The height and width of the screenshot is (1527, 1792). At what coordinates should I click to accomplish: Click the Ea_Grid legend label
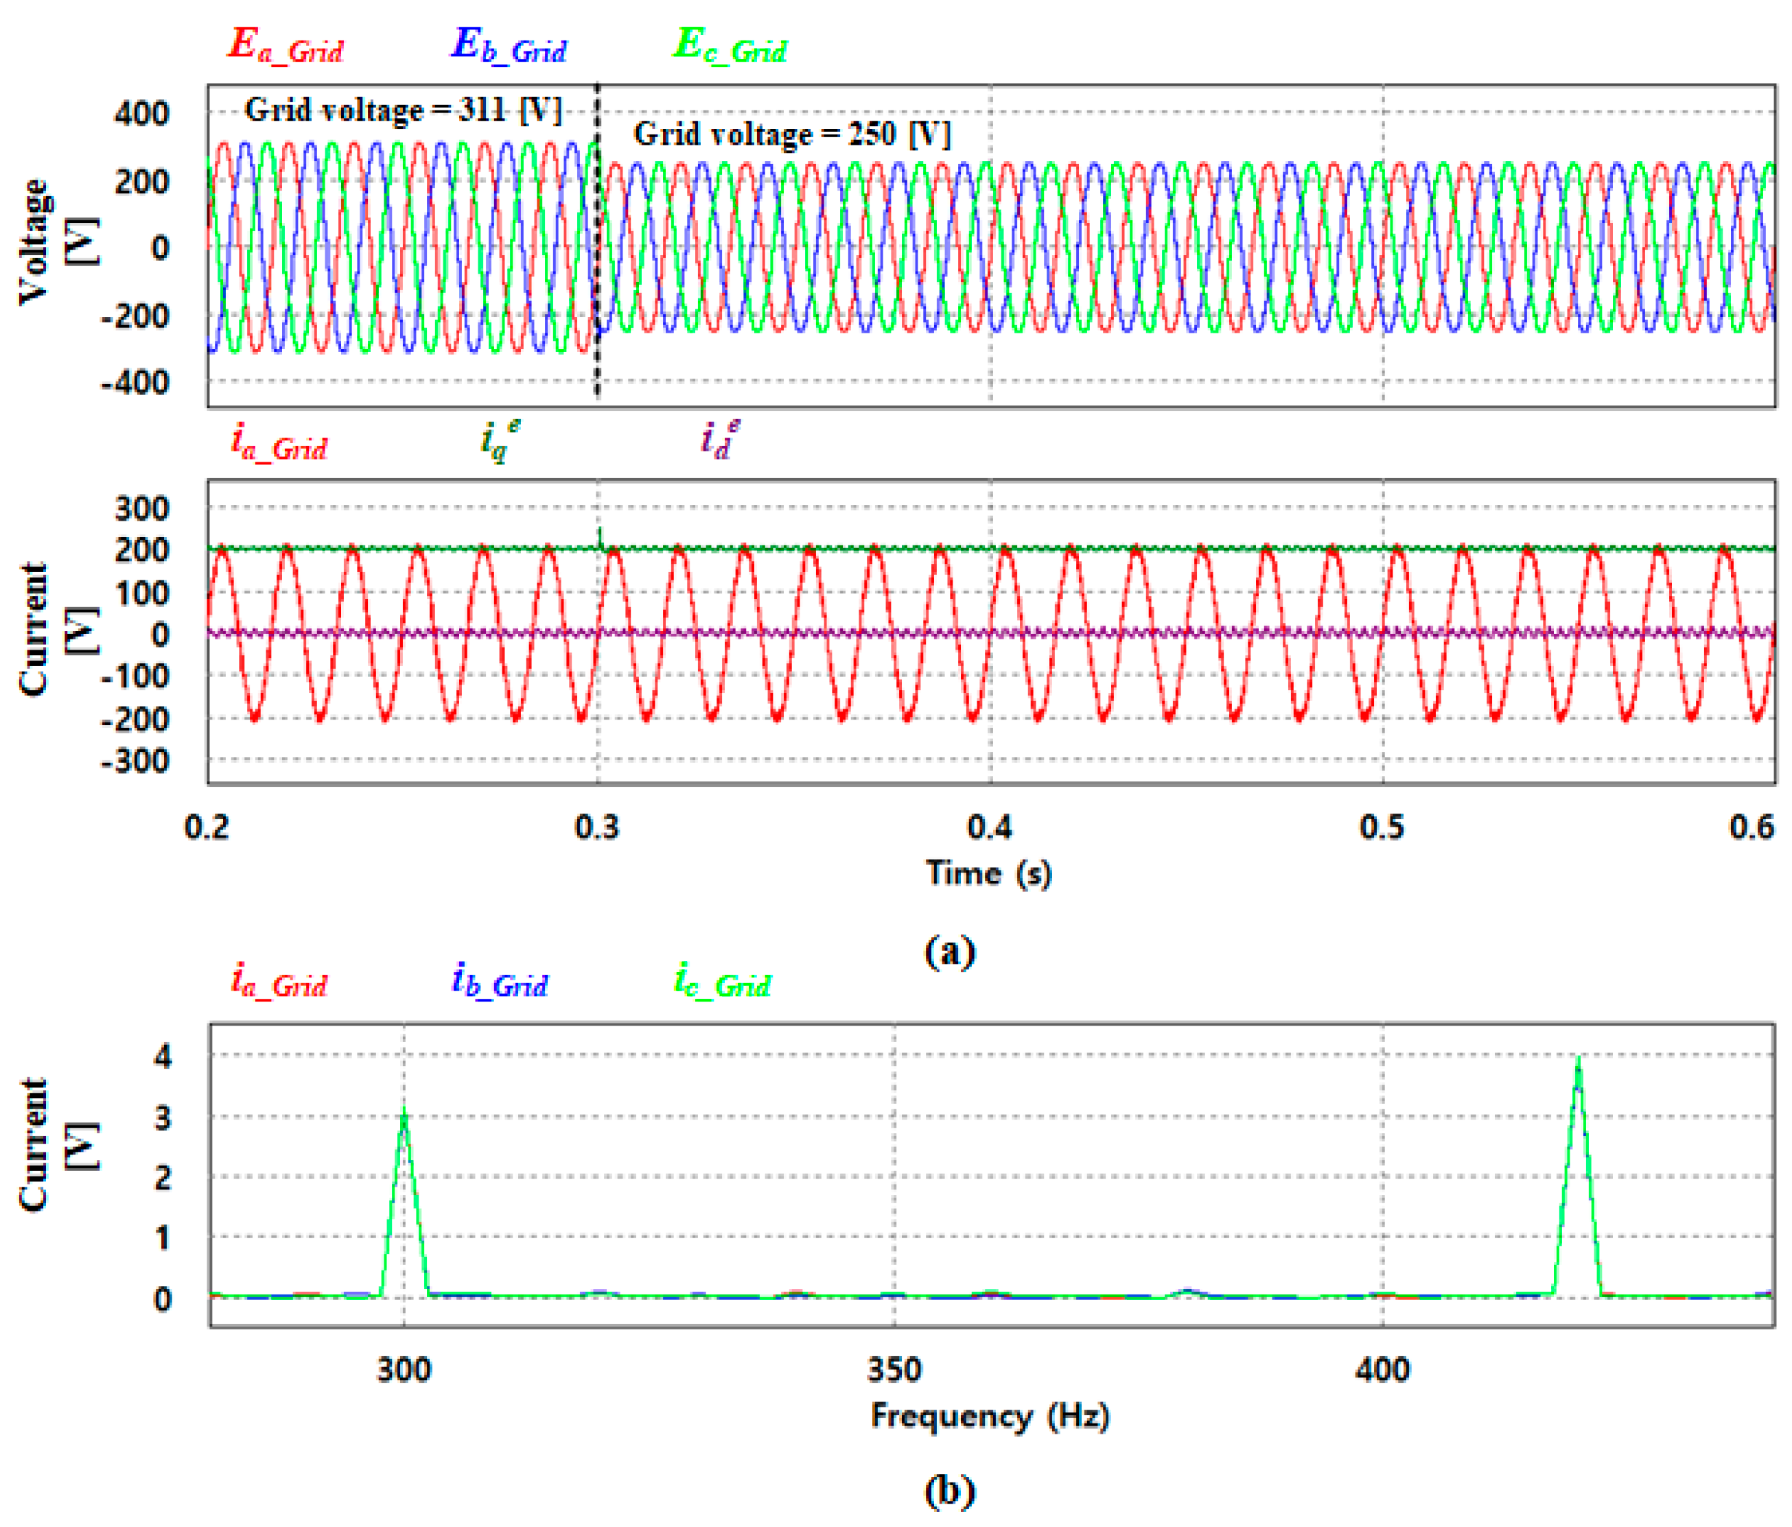pyautogui.click(x=285, y=46)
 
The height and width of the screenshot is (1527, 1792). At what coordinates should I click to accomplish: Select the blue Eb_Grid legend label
pyautogui.click(x=509, y=46)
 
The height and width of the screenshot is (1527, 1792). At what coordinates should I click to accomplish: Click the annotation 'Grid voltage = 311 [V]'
pyautogui.click(x=403, y=110)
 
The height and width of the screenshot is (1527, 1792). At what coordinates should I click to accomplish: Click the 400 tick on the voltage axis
pyautogui.click(x=142, y=113)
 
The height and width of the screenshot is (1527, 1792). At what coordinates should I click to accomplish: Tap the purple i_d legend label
pyautogui.click(x=719, y=439)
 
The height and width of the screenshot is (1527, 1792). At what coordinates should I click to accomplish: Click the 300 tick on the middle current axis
pyautogui.click(x=142, y=508)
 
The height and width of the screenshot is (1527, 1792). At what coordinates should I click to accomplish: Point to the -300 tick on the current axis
pyautogui.click(x=136, y=761)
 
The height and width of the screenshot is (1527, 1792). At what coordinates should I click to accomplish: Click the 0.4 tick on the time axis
pyautogui.click(x=990, y=827)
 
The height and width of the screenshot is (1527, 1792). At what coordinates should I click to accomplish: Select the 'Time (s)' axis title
pyautogui.click(x=990, y=873)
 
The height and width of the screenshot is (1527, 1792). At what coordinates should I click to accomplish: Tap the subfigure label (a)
pyautogui.click(x=950, y=951)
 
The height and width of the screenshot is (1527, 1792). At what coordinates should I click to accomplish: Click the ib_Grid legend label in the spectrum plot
pyautogui.click(x=500, y=982)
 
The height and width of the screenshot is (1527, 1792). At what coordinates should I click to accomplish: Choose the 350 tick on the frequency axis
pyautogui.click(x=894, y=1370)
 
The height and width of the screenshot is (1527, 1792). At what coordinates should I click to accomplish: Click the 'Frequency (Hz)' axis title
pyautogui.click(x=990, y=1417)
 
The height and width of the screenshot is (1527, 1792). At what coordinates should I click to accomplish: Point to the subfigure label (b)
pyautogui.click(x=950, y=1491)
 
